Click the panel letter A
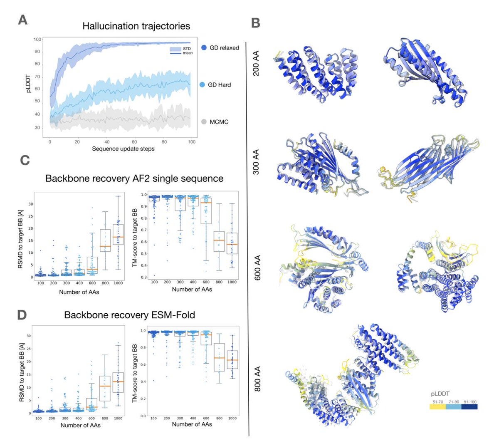pos(23,20)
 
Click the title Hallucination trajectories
pos(136,26)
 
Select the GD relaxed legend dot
pos(204,47)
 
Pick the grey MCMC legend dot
pos(204,122)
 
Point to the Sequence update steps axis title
pos(123,149)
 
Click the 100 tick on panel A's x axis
pos(192,142)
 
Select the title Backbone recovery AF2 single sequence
pos(134,178)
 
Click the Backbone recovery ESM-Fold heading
pos(129,315)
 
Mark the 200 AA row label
pos(256,63)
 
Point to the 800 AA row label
pos(257,379)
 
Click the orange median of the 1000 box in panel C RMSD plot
pos(118,237)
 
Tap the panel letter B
pos(256,23)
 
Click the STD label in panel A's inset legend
pos(187,49)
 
